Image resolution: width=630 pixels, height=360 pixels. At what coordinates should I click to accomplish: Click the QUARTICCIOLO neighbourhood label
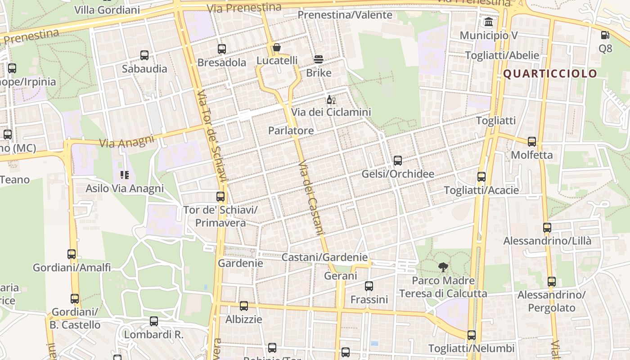550,74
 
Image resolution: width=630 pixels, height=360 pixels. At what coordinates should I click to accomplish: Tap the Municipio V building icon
488,22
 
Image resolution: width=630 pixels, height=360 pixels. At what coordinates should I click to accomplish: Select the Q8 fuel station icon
605,35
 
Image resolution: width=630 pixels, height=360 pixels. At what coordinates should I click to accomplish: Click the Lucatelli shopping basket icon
277,47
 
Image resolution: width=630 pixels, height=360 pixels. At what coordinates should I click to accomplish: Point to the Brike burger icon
319,59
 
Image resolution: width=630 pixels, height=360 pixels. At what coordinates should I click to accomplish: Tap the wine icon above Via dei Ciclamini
331,99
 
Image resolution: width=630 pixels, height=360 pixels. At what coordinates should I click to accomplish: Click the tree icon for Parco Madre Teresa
443,267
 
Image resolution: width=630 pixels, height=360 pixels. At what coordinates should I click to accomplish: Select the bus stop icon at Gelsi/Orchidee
397,161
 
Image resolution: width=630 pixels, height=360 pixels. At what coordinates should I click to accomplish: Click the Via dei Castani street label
311,198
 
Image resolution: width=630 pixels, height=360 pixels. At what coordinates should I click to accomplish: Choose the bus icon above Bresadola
221,49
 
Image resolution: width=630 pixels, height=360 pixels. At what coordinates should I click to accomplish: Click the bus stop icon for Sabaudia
144,55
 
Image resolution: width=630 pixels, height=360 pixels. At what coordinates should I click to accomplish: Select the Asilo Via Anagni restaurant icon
124,175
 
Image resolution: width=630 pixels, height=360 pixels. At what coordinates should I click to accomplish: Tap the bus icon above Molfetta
531,142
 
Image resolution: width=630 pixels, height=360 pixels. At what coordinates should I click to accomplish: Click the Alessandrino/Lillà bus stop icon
547,228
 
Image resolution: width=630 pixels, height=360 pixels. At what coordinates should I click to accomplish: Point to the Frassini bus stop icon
369,286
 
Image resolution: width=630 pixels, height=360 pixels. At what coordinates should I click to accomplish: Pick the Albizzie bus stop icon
243,306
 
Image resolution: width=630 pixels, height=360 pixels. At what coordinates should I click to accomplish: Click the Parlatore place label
291,130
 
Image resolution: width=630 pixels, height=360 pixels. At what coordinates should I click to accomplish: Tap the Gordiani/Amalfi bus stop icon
72,254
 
